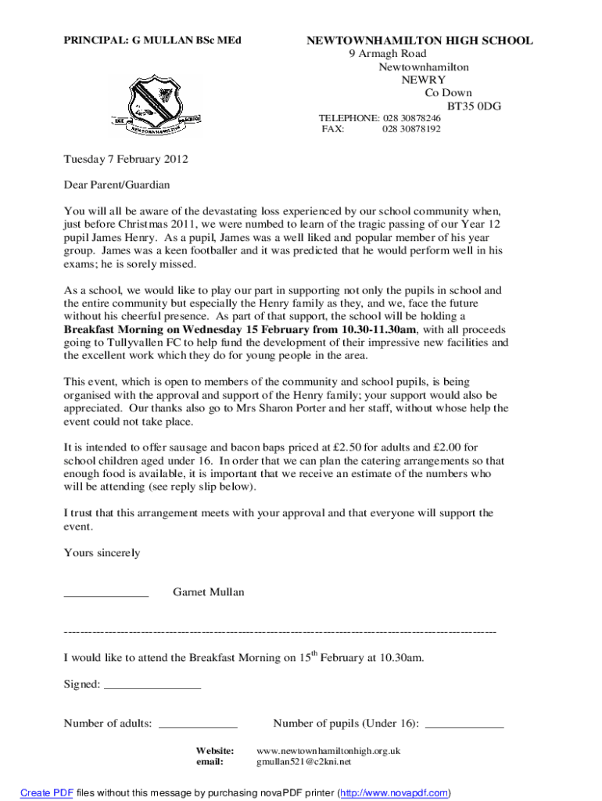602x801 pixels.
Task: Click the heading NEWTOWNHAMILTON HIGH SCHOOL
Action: tap(419, 41)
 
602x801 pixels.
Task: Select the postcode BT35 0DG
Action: tap(474, 106)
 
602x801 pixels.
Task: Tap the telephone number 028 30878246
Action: tap(411, 118)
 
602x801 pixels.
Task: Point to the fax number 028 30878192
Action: tap(411, 129)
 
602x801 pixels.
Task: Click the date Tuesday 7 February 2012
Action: tap(126, 159)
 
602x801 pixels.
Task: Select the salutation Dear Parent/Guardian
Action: tap(116, 185)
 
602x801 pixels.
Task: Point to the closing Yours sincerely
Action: tap(102, 553)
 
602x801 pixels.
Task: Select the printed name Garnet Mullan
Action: tap(208, 592)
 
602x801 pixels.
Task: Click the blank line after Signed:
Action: tap(152, 687)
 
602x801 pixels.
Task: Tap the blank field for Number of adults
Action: tap(198, 726)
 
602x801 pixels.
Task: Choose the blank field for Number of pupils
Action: tap(464, 726)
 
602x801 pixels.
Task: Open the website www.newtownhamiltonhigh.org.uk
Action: tap(328, 750)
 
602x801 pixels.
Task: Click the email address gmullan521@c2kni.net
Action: tap(304, 761)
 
